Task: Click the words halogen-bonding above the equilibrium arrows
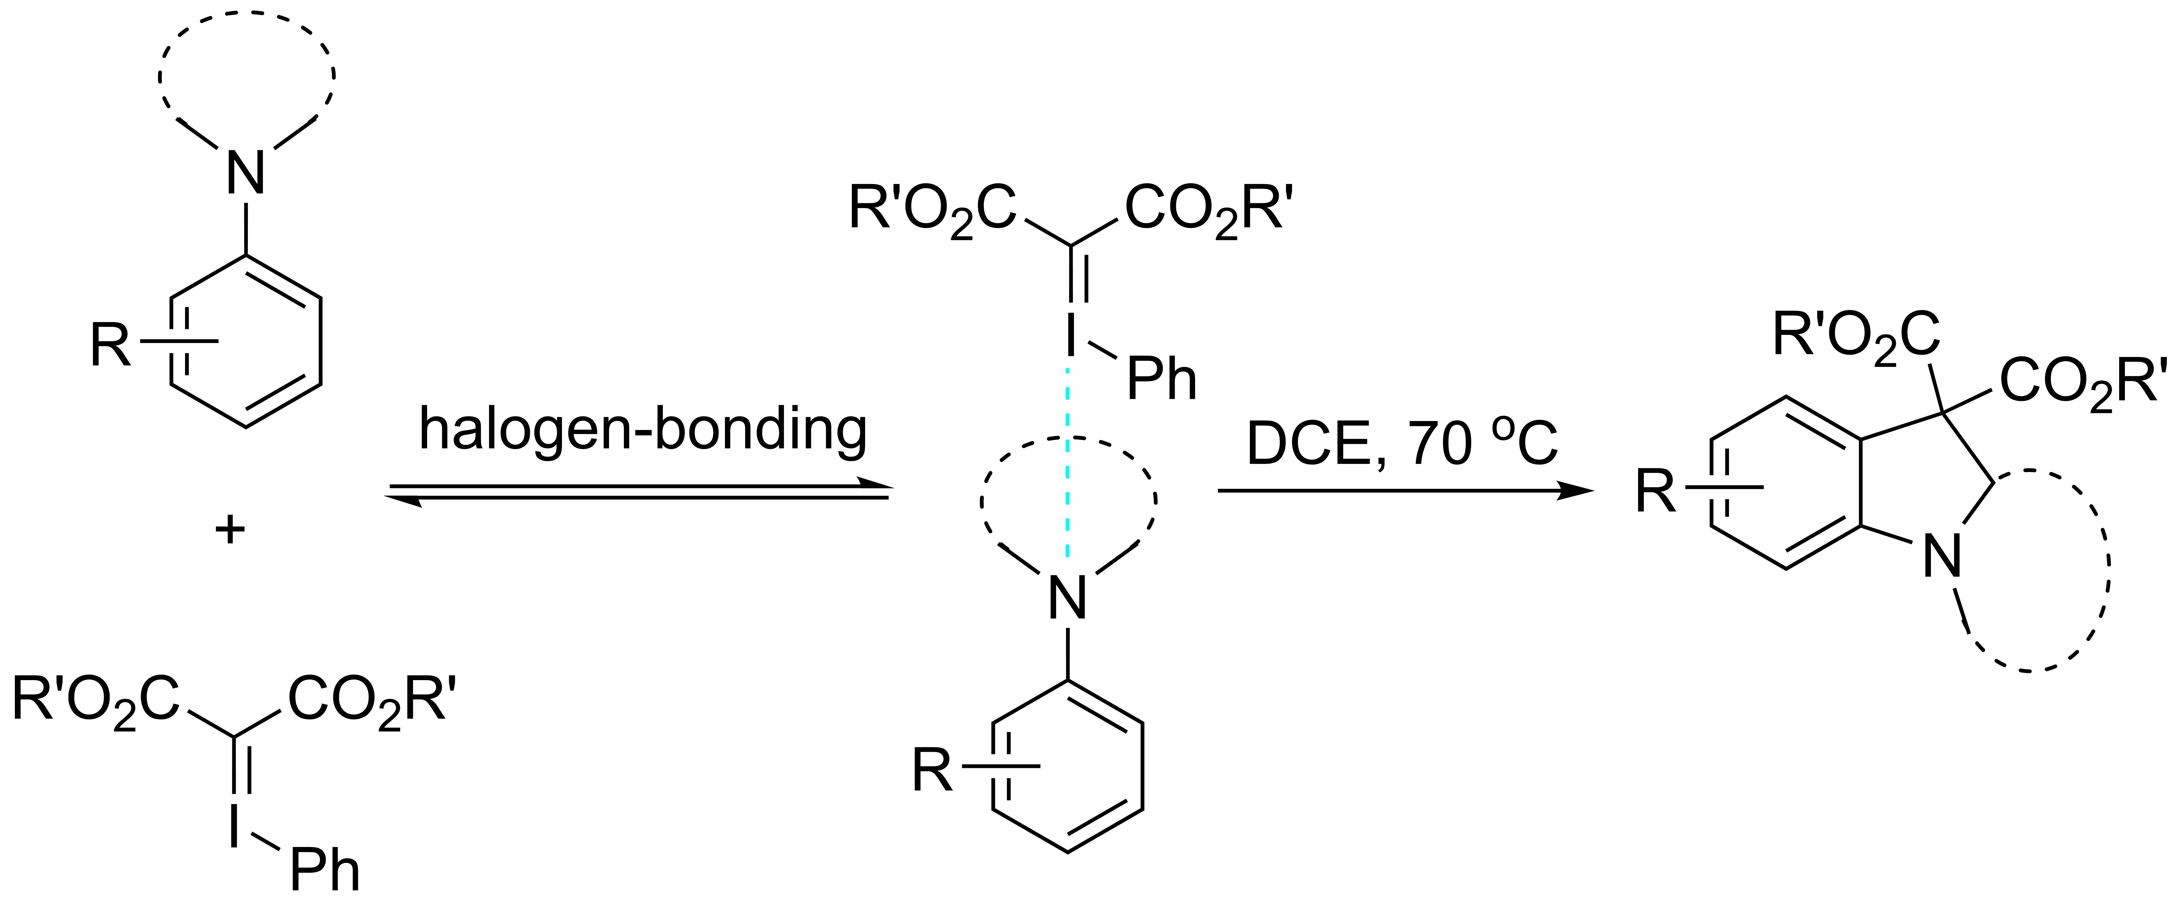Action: click(x=643, y=430)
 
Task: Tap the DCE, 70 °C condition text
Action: click(x=1401, y=444)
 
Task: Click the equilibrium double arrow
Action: click(x=639, y=492)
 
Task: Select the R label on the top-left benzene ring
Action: click(x=111, y=345)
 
